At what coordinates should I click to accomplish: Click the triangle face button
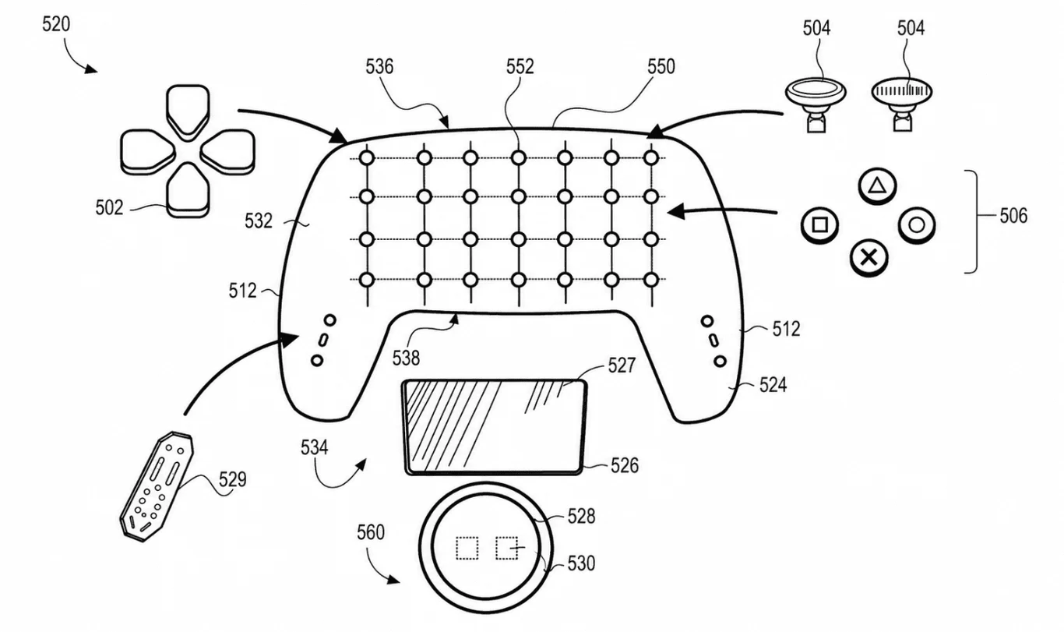(877, 185)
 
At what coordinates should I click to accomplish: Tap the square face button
(820, 225)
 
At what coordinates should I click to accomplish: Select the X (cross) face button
(868, 258)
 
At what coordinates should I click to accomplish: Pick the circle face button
(917, 225)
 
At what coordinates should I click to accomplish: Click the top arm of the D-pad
(188, 111)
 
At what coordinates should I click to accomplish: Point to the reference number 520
(56, 24)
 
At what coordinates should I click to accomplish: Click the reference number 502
(109, 207)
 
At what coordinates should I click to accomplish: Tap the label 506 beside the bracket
(1013, 216)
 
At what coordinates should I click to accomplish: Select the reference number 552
(520, 67)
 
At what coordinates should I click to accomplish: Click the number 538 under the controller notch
(406, 358)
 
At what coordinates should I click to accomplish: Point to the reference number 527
(622, 365)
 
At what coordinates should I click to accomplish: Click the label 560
(371, 533)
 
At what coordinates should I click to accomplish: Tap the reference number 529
(232, 480)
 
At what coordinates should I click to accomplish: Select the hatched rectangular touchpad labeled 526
(494, 427)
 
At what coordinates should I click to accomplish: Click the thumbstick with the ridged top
(902, 104)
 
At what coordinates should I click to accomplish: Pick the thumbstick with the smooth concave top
(815, 105)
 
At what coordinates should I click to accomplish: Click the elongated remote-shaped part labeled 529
(157, 486)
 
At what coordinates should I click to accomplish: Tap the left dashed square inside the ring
(467, 548)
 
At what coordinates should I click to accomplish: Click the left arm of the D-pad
(148, 151)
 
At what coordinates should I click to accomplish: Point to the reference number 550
(661, 67)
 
